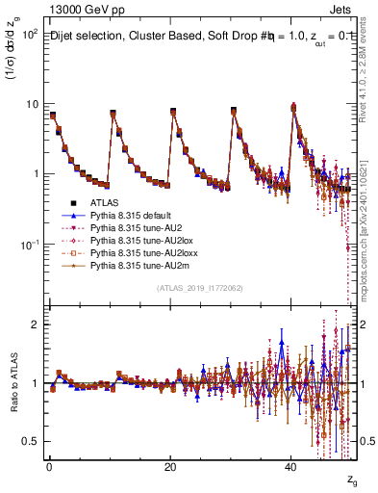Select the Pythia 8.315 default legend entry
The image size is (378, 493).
point(130,218)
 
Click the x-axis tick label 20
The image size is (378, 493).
point(169,467)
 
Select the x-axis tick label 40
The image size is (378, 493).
point(290,467)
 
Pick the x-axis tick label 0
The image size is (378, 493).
point(49,467)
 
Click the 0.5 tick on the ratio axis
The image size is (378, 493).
point(31,441)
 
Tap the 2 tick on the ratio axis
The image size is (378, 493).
point(35,324)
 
